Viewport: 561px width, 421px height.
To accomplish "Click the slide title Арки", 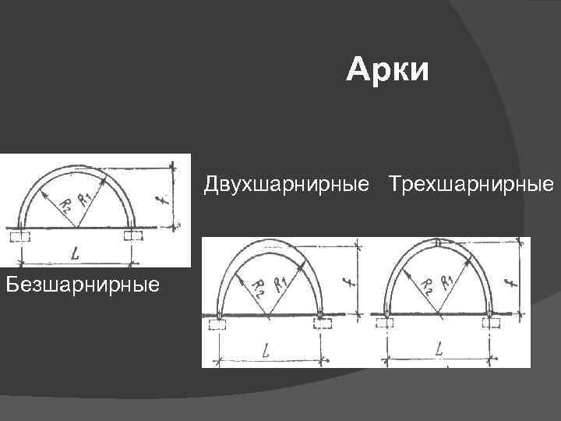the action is [x=387, y=70].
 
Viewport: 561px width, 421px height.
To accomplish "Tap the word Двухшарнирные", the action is [x=286, y=185].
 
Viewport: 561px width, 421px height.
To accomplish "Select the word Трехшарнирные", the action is [x=472, y=185].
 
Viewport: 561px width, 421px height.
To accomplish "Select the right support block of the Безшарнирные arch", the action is [x=132, y=235].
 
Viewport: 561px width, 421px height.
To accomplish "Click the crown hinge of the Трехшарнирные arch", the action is [x=439, y=242].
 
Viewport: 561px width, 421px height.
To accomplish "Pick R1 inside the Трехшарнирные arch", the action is [x=448, y=281].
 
